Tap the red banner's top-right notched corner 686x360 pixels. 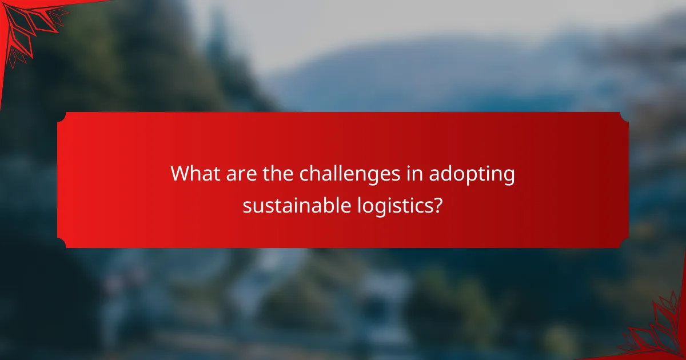coord(624,116)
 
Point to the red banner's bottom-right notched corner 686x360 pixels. coord(624,244)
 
